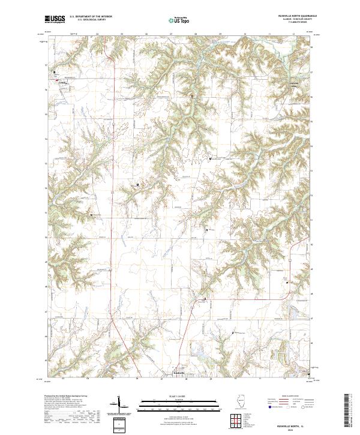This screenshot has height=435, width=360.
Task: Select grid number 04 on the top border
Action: click(x=97, y=34)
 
